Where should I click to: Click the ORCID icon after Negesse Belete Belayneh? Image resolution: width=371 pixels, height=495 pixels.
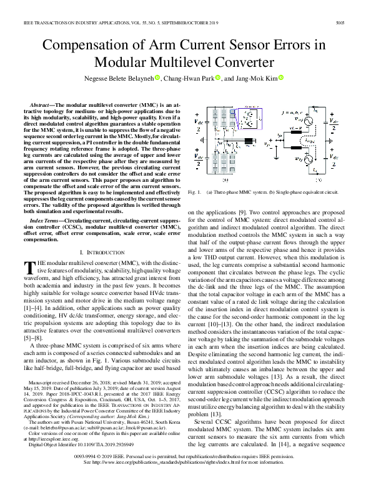tap(157, 78)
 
